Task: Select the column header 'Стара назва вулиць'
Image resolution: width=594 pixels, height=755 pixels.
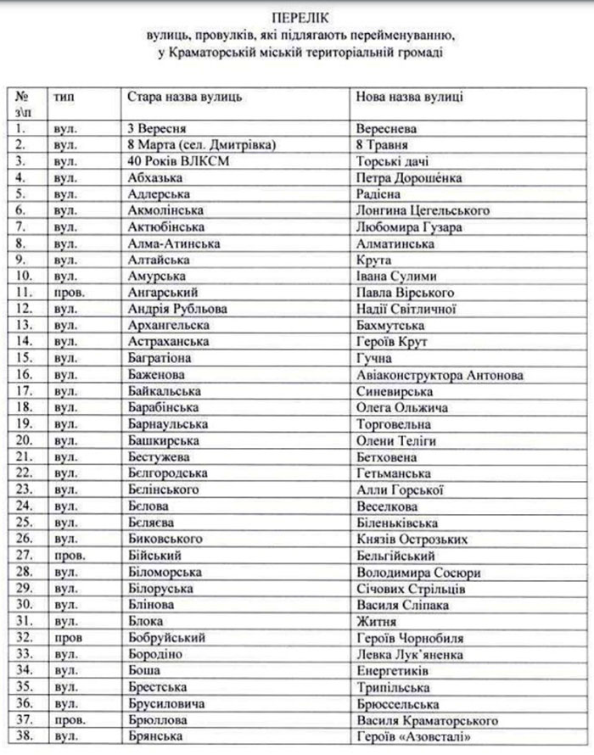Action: tap(185, 98)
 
